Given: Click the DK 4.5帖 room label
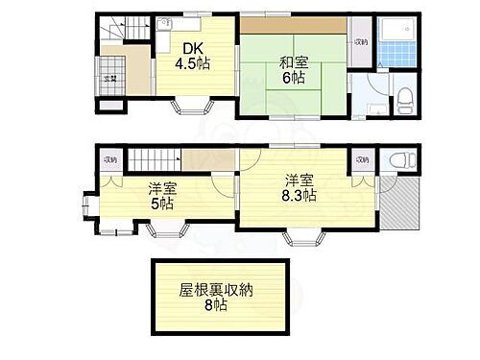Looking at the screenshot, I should (x=192, y=56).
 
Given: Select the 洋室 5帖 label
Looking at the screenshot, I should (x=160, y=196).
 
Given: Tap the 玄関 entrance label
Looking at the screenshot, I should (x=110, y=79).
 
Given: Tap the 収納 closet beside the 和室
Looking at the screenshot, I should (x=360, y=42).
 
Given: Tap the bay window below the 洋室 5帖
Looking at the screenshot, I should (x=165, y=229).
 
